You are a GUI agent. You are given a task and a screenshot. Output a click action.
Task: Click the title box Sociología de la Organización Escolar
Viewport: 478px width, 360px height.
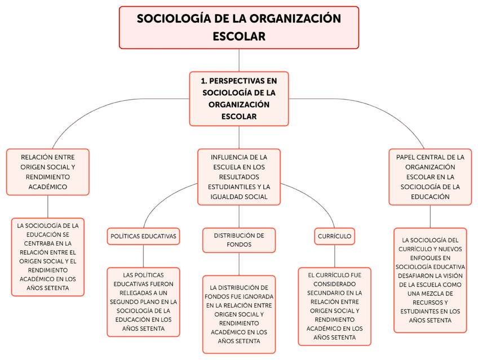click(x=238, y=27)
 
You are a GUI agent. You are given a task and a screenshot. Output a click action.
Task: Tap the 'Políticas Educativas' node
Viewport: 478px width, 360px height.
click(x=143, y=236)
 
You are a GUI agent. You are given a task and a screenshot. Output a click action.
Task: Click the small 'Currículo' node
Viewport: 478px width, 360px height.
click(x=334, y=236)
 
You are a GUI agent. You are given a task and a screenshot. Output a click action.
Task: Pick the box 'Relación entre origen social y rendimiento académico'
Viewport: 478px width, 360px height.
click(x=47, y=172)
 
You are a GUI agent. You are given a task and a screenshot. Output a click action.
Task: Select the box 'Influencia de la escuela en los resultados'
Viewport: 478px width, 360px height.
click(x=238, y=177)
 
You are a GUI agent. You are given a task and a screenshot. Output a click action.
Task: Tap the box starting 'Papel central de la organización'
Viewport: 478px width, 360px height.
click(x=430, y=177)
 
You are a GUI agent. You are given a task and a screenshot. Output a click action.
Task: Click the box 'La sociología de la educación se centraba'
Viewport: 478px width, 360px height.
click(x=47, y=256)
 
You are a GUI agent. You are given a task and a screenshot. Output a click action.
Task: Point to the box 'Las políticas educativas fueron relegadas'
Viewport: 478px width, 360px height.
click(x=143, y=301)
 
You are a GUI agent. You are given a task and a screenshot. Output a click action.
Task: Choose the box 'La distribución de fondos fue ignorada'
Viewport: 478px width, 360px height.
click(x=238, y=314)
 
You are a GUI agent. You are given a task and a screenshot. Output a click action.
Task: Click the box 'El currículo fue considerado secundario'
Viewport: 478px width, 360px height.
click(x=334, y=306)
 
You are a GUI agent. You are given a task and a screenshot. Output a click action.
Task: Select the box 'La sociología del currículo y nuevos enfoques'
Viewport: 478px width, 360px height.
click(x=430, y=280)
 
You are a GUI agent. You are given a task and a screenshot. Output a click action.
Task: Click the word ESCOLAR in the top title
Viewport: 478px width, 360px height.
click(x=238, y=36)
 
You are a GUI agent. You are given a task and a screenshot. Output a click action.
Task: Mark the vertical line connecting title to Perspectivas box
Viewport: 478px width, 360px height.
click(x=239, y=60)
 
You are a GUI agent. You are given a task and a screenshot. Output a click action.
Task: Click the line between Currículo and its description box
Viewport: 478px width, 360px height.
click(x=335, y=256)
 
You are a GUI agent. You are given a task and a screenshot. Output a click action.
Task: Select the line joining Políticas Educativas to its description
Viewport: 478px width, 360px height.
click(x=143, y=256)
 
